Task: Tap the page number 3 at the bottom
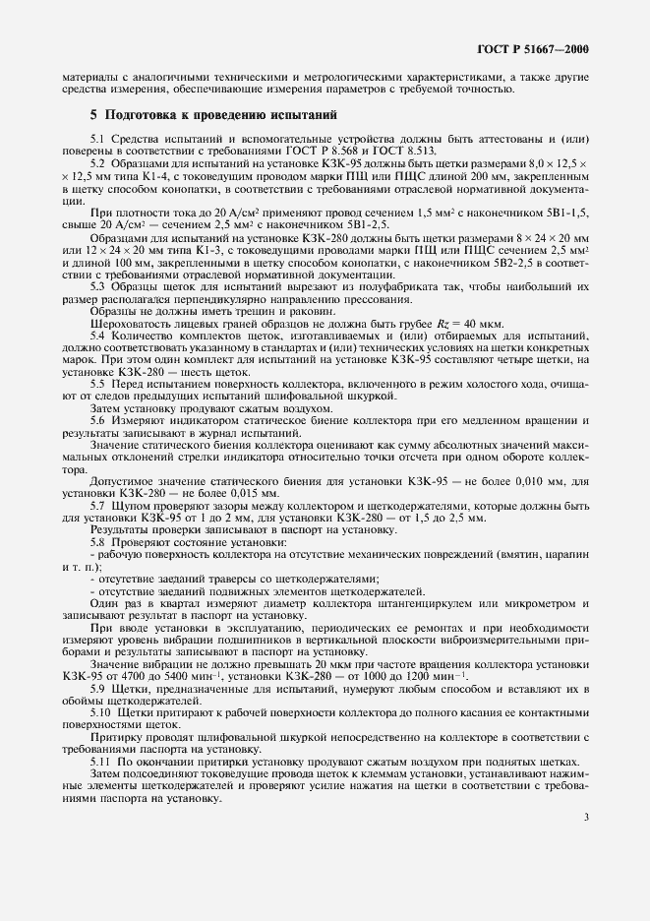(x=586, y=816)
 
